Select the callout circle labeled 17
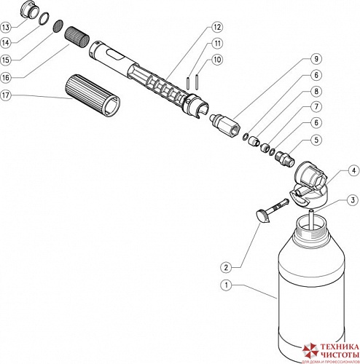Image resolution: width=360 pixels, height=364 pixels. pyautogui.click(x=7, y=95)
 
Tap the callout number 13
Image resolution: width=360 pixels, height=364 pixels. pyautogui.click(x=7, y=27)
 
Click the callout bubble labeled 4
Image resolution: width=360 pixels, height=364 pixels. pyautogui.click(x=353, y=171)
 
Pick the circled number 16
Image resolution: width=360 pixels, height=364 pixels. pyautogui.click(x=7, y=76)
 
